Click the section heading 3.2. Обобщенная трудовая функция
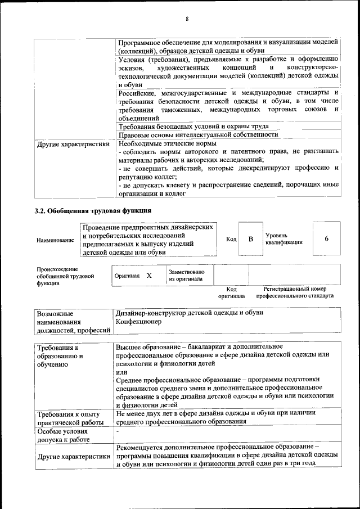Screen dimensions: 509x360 [x=92, y=211]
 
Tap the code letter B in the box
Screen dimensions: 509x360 [x=251, y=239]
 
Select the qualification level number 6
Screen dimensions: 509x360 [x=326, y=239]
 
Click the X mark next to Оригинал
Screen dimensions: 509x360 [x=149, y=276]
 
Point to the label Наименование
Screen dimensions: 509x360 [x=55, y=240]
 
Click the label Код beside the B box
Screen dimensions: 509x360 [x=231, y=239]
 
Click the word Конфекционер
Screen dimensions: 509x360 [x=138, y=322]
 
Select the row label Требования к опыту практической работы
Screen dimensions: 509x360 [x=69, y=418]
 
